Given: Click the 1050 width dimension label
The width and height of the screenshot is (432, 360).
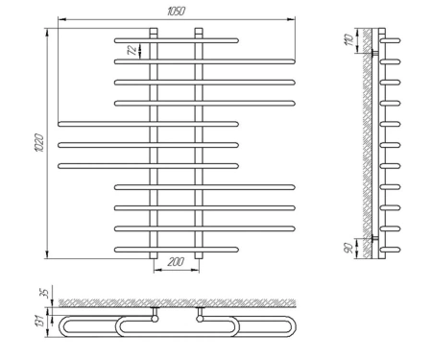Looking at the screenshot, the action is tap(176, 12).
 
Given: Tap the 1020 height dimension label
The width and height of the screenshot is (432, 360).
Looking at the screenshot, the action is tap(39, 143).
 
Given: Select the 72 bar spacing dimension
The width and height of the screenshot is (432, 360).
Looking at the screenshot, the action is tap(132, 50).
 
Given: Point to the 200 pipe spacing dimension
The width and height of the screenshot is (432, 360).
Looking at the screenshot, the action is tap(176, 262).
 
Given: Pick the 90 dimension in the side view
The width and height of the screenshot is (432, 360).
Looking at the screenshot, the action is tap(348, 248).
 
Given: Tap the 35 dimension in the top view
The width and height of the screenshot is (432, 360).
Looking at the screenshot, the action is tap(46, 293).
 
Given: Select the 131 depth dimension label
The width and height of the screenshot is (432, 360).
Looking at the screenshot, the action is tap(39, 321).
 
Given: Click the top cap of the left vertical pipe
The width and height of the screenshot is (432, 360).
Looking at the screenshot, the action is tap(154, 32).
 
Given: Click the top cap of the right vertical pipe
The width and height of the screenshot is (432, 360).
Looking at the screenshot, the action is tap(199, 32).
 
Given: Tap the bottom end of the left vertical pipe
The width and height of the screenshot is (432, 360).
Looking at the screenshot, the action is tap(154, 255).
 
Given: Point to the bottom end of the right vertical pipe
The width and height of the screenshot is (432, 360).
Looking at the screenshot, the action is tap(199, 255).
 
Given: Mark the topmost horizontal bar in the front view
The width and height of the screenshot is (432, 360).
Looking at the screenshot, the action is tap(177, 40).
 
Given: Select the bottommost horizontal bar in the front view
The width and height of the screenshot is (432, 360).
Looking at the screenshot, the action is tap(177, 250).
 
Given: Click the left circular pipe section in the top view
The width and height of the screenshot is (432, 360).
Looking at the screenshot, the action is tap(155, 319).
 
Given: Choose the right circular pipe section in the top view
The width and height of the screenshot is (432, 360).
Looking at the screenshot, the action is tap(200, 319).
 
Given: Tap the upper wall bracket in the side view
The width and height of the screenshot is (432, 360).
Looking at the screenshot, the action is tap(375, 53).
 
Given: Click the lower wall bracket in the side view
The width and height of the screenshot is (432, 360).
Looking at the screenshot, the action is tap(375, 238).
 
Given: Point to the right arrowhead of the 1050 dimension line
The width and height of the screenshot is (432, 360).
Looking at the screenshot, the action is tap(291, 19).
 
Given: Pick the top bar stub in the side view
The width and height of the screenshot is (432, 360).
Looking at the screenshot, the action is tap(390, 40).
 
